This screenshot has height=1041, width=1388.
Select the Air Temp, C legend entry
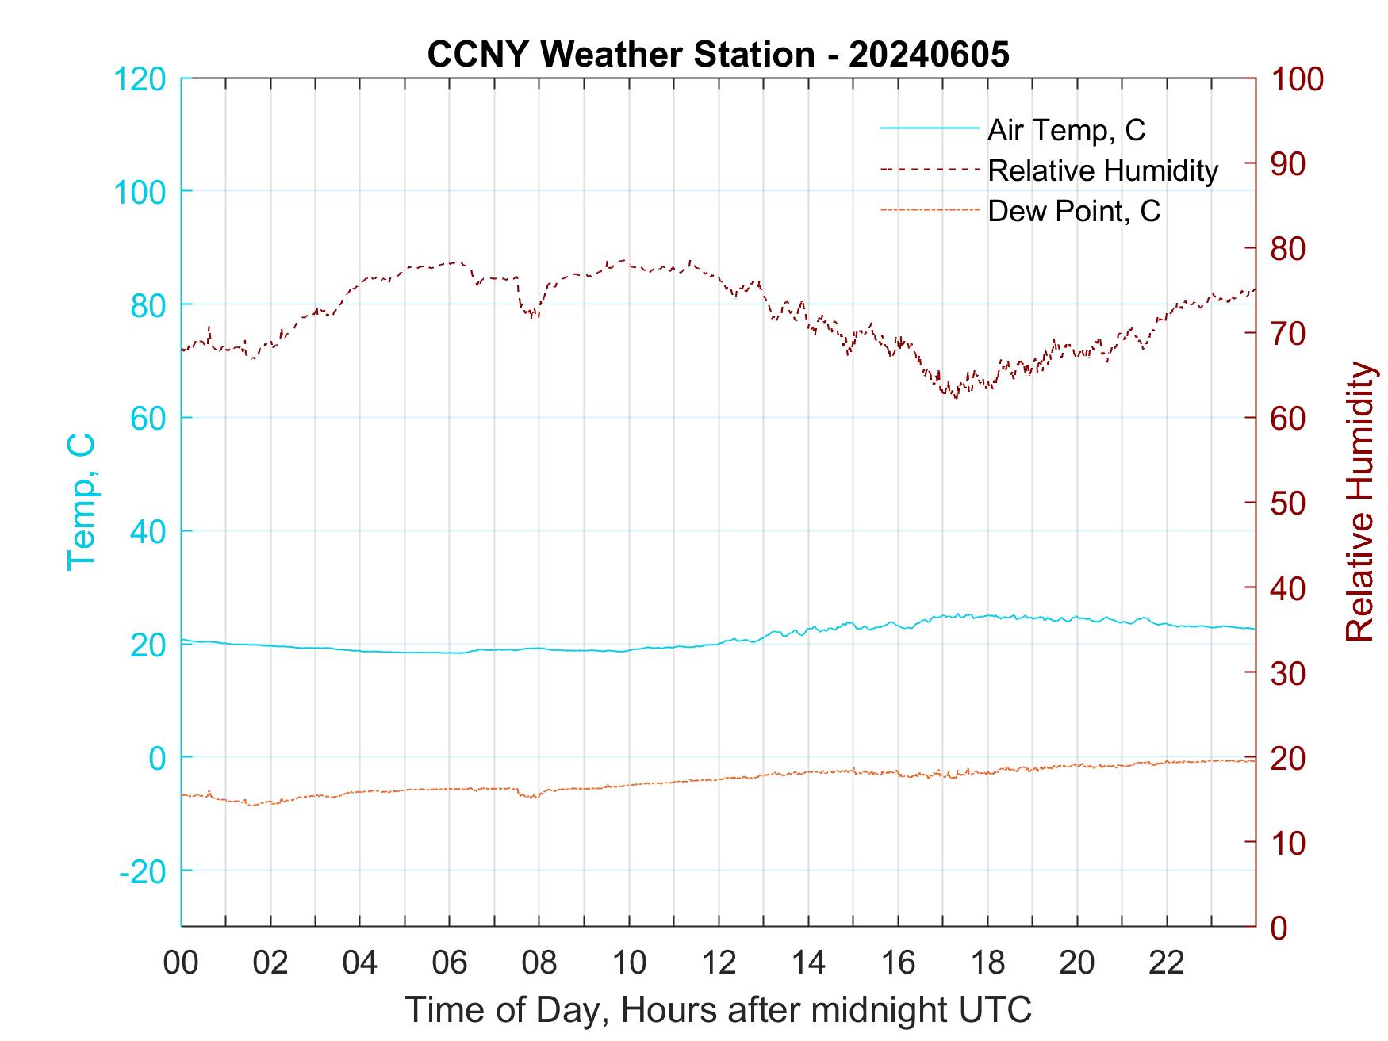click(x=1066, y=130)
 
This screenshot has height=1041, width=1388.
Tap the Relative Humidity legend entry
click(x=1102, y=170)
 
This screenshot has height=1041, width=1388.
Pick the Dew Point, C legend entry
click(x=1074, y=211)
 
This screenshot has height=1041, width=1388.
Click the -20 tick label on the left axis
click(x=142, y=871)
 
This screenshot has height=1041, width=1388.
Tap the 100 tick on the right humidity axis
click(x=1298, y=79)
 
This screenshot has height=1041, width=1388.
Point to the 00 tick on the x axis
click(x=181, y=963)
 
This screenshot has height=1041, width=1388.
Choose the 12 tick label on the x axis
click(x=719, y=963)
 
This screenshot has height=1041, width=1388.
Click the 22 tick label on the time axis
click(x=1167, y=963)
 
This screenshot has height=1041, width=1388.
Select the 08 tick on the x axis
click(x=539, y=963)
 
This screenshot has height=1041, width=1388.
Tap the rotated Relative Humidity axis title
click(x=1359, y=502)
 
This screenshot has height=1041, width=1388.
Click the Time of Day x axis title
click(x=719, y=1010)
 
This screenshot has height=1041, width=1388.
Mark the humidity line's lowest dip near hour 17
click(x=957, y=397)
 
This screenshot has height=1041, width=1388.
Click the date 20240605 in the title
click(x=929, y=55)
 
